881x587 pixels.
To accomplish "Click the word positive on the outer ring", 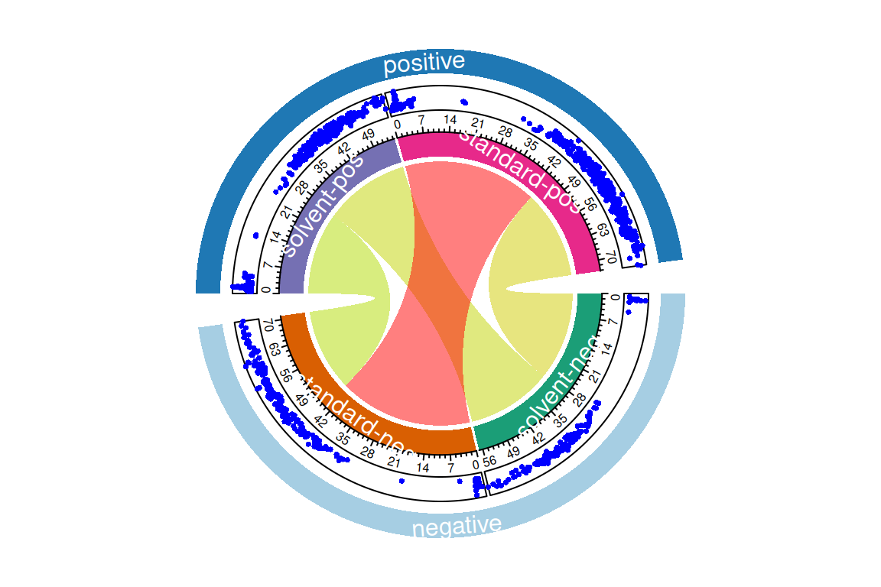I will [424, 63].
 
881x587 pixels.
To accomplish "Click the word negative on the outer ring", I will [457, 526].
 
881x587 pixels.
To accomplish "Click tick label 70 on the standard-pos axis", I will [610, 256].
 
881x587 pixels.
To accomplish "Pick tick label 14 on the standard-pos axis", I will [450, 120].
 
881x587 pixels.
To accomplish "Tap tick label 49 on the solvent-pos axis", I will [368, 135].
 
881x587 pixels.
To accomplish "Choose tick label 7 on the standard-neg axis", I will [450, 466].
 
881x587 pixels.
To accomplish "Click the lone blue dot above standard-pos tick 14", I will [463, 102].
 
